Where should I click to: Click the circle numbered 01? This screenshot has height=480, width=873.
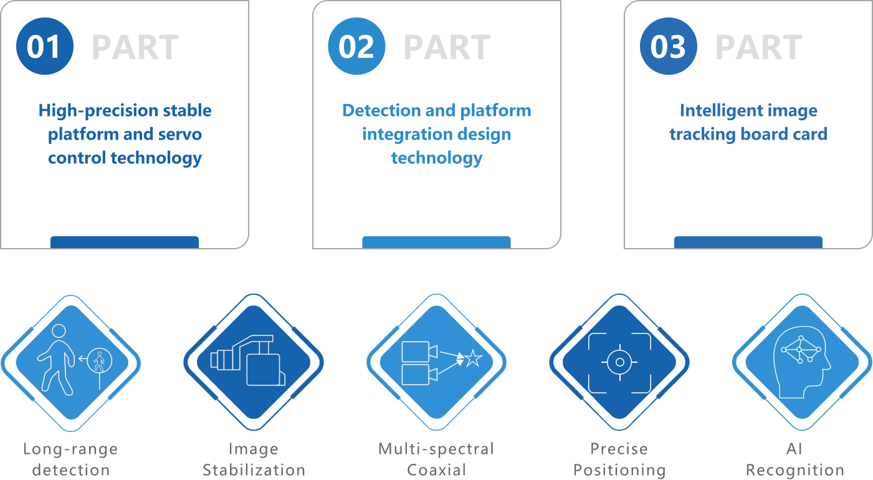44,47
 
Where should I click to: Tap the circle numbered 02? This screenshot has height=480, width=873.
356,47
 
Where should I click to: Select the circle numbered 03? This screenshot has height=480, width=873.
668,47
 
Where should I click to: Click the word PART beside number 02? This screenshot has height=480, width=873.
447,47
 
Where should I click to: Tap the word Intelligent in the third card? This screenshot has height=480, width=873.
717,111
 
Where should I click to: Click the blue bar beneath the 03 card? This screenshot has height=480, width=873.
748,242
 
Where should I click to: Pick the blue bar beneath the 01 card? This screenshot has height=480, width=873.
125,242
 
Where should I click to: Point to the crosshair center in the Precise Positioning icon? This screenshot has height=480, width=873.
619,362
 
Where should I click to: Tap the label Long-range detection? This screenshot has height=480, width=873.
70,459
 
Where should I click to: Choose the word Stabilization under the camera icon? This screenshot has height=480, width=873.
254,469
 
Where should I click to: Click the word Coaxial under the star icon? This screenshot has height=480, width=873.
437,469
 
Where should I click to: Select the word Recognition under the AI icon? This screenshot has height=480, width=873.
795,469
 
